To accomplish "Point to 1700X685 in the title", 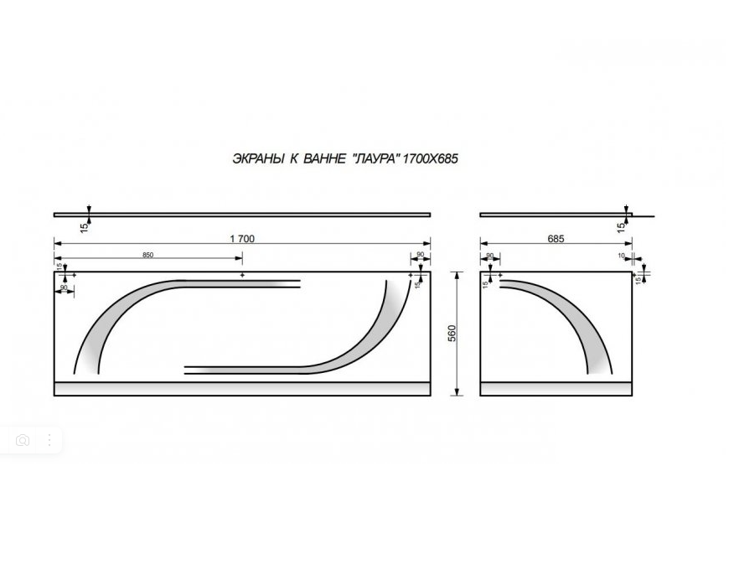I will click(430, 158).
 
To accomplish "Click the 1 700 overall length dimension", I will click(242, 239).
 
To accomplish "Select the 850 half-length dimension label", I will click(148, 254).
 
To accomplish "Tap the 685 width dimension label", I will click(556, 239).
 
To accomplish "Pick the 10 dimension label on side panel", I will click(622, 255).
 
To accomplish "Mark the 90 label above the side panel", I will click(490, 255).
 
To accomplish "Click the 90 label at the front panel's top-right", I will click(420, 255).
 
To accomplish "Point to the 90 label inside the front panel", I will click(63, 287).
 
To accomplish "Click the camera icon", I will click(23, 440).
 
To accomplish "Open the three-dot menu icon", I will click(49, 440).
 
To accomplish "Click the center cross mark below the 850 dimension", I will click(242, 274).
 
